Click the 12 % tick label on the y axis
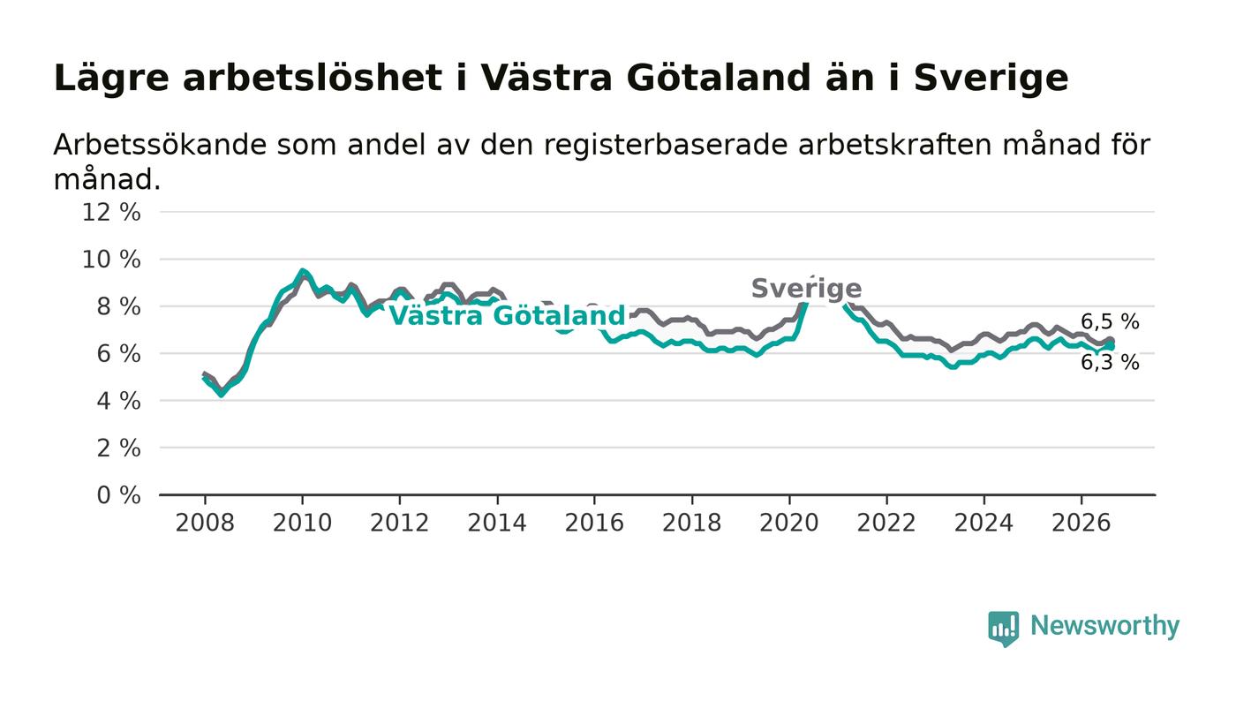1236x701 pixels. [111, 212]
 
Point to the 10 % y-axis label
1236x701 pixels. [111, 260]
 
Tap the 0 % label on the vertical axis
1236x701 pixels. [118, 495]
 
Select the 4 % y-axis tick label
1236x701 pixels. [118, 402]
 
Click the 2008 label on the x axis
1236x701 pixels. [205, 523]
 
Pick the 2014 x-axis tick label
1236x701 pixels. [497, 523]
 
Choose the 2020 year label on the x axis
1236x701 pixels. [789, 523]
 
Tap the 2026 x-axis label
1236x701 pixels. [1081, 523]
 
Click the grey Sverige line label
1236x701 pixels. [806, 289]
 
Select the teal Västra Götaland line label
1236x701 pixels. [507, 316]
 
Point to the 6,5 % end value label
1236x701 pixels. [1110, 321]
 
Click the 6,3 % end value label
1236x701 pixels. [1110, 363]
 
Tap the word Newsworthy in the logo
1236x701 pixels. [1104, 626]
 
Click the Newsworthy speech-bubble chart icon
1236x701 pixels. [1003, 629]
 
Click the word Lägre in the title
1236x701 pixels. [111, 79]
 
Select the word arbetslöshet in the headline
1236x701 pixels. [313, 78]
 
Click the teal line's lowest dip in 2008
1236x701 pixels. [222, 395]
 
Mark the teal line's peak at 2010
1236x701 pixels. [302, 270]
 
